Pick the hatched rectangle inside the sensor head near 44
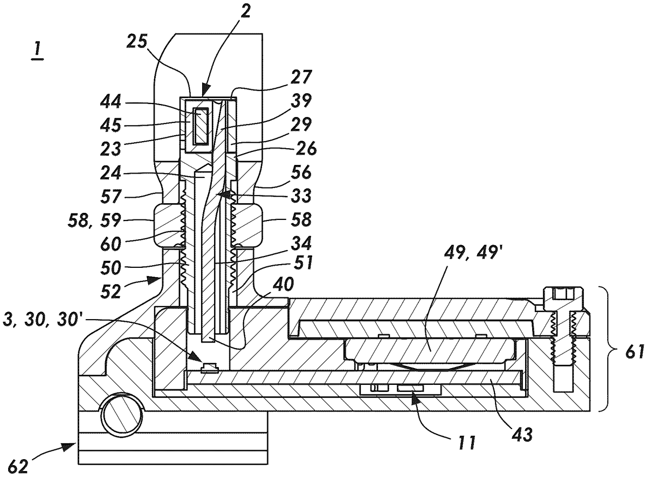201,126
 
